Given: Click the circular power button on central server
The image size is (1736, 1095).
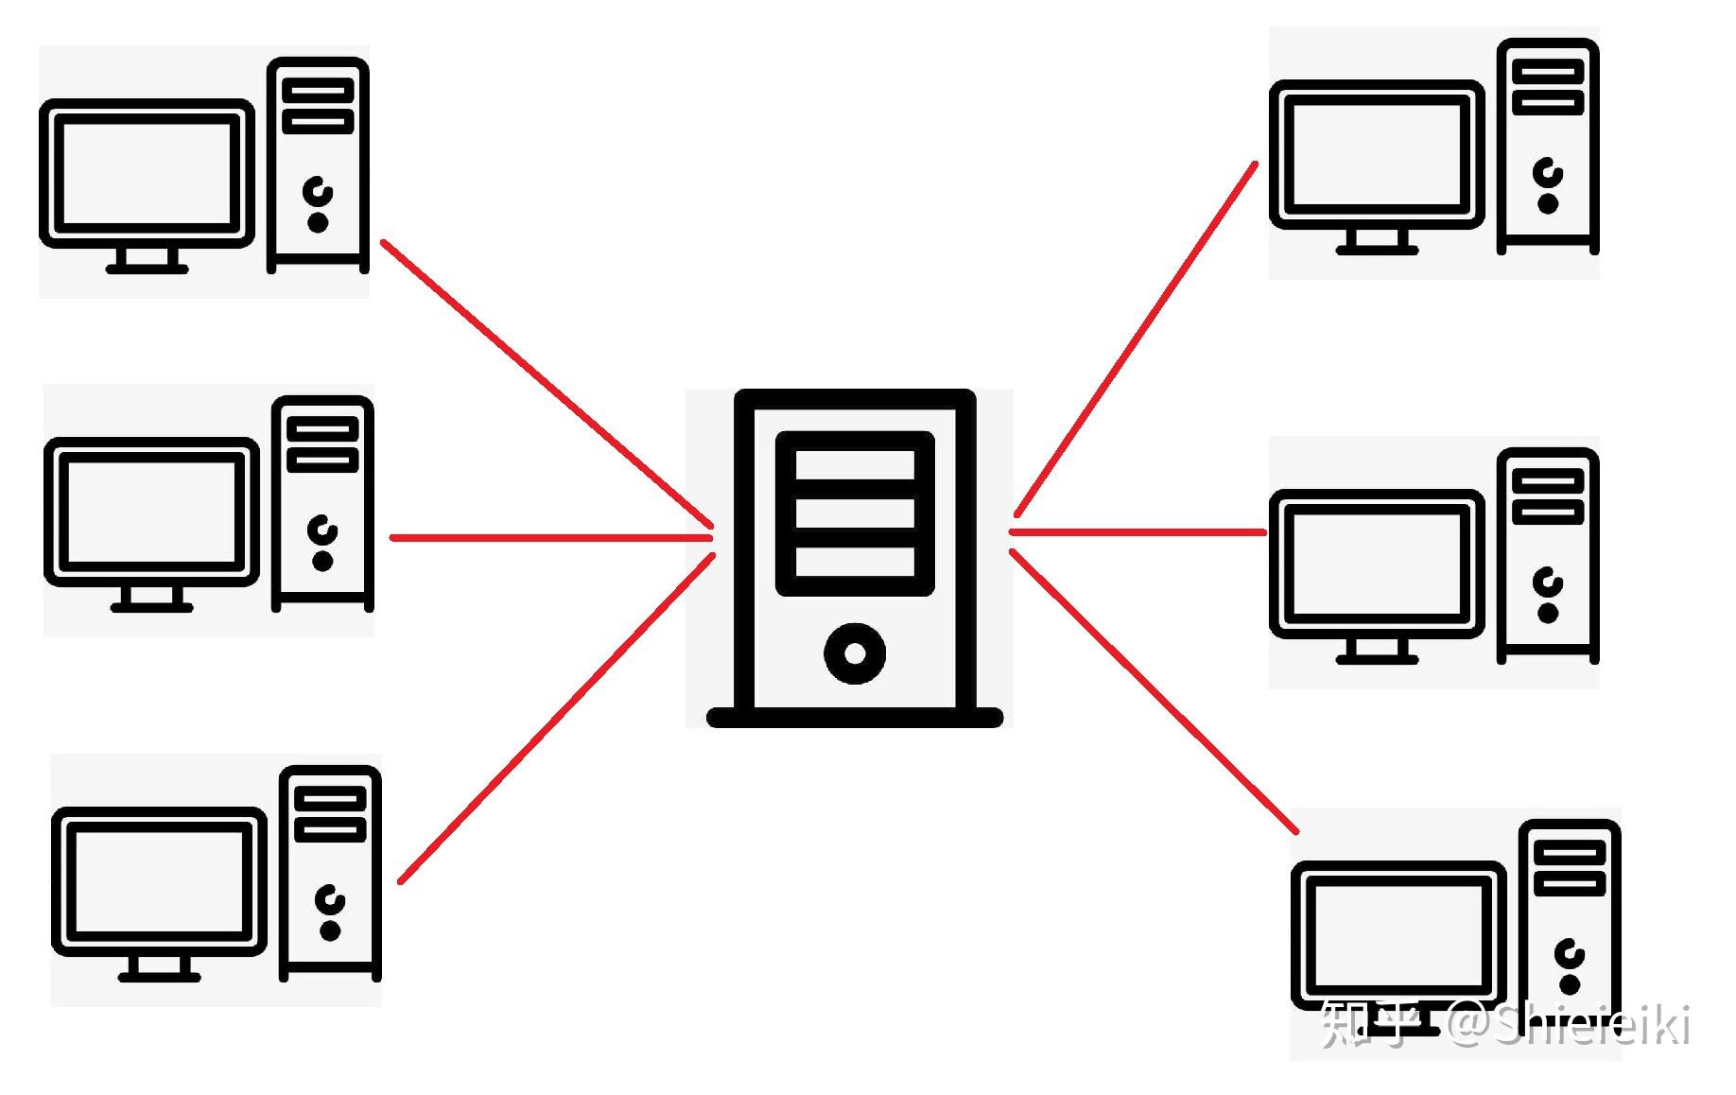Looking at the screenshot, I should point(855,653).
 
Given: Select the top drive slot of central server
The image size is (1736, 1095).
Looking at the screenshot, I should point(855,465).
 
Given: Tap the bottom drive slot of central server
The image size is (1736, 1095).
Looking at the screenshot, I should point(855,562).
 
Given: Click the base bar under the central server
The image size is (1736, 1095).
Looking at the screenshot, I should point(855,718).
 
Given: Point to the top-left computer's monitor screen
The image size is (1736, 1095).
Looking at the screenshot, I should point(147,173).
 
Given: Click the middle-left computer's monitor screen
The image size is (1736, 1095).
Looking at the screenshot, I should point(151,512).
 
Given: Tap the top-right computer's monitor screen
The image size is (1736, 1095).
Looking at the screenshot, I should point(1376,154).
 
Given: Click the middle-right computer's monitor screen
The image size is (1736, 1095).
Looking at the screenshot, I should point(1376,564).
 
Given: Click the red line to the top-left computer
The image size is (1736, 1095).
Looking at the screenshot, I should point(547,383).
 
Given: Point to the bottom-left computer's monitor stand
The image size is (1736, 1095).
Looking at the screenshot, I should point(159,969).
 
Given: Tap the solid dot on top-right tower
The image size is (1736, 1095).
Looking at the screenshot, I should point(1548,203).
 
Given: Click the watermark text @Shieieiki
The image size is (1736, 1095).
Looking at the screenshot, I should point(1570,1025).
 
